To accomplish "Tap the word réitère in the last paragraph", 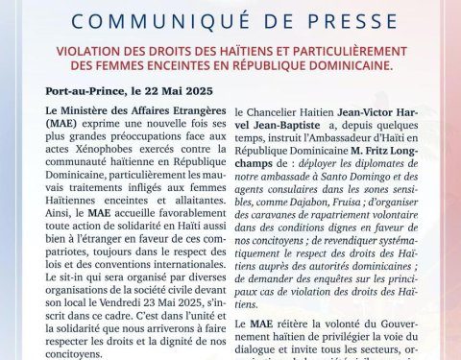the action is [299, 326].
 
